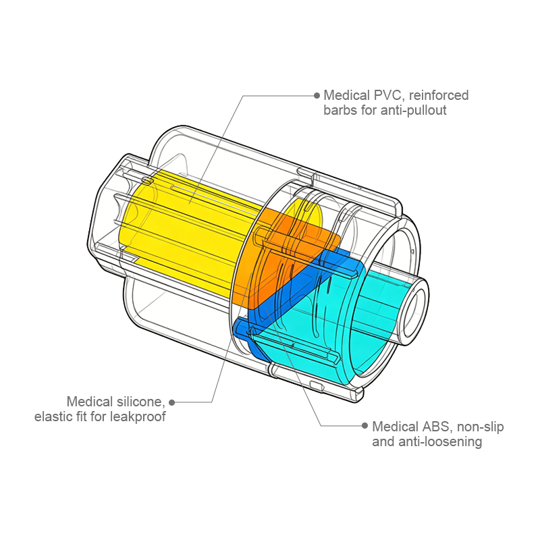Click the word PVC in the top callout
(x=383, y=95)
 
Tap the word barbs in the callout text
(x=340, y=110)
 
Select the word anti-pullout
(x=414, y=110)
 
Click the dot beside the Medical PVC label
(x=317, y=95)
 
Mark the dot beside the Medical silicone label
(x=172, y=402)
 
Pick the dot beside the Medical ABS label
(x=365, y=427)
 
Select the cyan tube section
(x=378, y=317)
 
